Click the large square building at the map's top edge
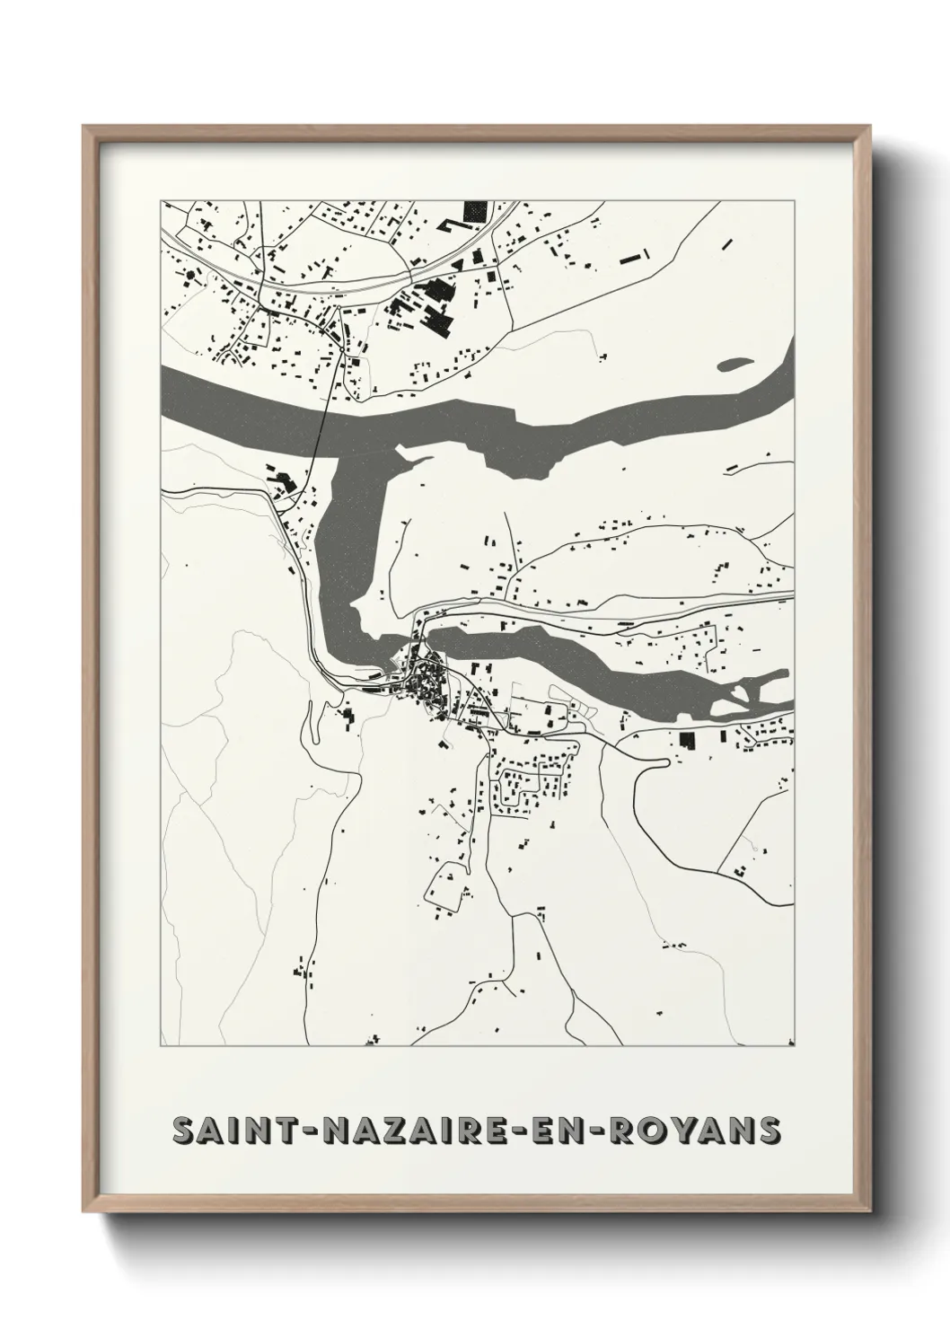(x=472, y=211)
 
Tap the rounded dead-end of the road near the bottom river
(x=662, y=763)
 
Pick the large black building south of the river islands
(x=687, y=741)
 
